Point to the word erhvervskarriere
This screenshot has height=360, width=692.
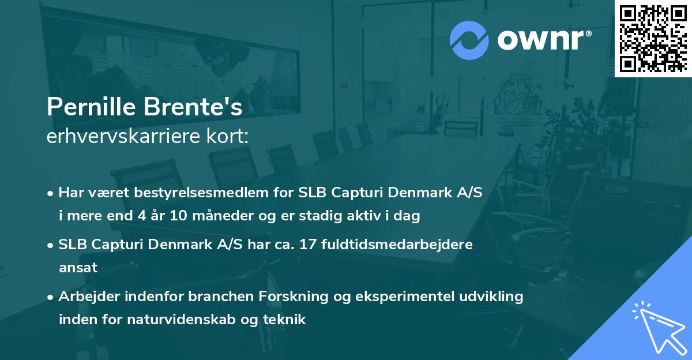(x=126, y=137)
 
